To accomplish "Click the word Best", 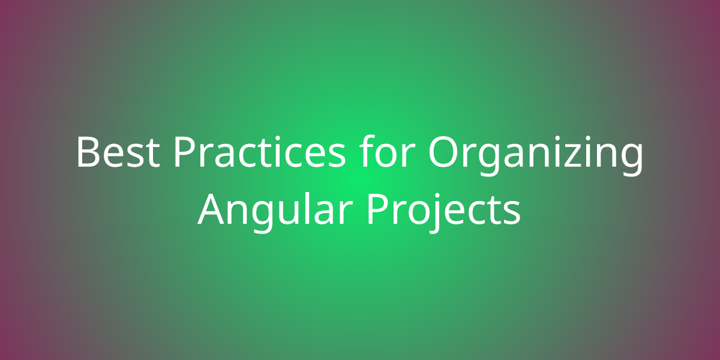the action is click(118, 152).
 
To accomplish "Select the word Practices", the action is click(260, 151).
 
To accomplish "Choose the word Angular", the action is click(273, 212).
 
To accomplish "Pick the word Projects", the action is click(443, 212).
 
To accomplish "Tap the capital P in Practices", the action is click(185, 152).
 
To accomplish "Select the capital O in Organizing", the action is click(443, 152).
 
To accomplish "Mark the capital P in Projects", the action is click(379, 209).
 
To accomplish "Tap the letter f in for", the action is click(368, 151).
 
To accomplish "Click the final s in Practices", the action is click(337, 156).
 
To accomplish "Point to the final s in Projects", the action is click(512, 213).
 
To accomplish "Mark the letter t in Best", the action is click(152, 154).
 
